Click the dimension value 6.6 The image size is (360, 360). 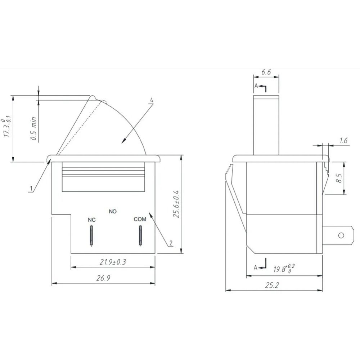[266, 72]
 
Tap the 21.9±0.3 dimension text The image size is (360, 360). [113, 262]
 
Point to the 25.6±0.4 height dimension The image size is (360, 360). [176, 204]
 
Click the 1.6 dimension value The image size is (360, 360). [343, 141]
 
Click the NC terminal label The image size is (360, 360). [92, 220]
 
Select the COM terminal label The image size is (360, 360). [140, 219]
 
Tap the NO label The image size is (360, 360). [113, 211]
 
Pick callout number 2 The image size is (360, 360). [171, 243]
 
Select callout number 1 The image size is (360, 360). [31, 188]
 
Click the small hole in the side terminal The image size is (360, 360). [341, 235]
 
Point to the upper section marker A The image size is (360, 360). [256, 86]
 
